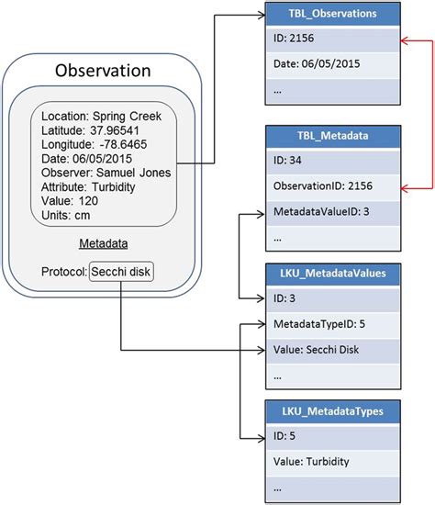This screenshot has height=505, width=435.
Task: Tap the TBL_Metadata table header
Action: [x=332, y=136]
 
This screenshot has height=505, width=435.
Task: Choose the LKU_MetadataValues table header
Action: [x=332, y=273]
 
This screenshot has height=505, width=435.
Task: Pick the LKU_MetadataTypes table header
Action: [x=332, y=410]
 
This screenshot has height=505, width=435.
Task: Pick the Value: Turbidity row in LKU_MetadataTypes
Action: [x=332, y=463]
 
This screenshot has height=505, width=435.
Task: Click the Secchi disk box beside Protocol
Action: [x=120, y=273]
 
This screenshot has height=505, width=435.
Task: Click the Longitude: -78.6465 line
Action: [x=96, y=144]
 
